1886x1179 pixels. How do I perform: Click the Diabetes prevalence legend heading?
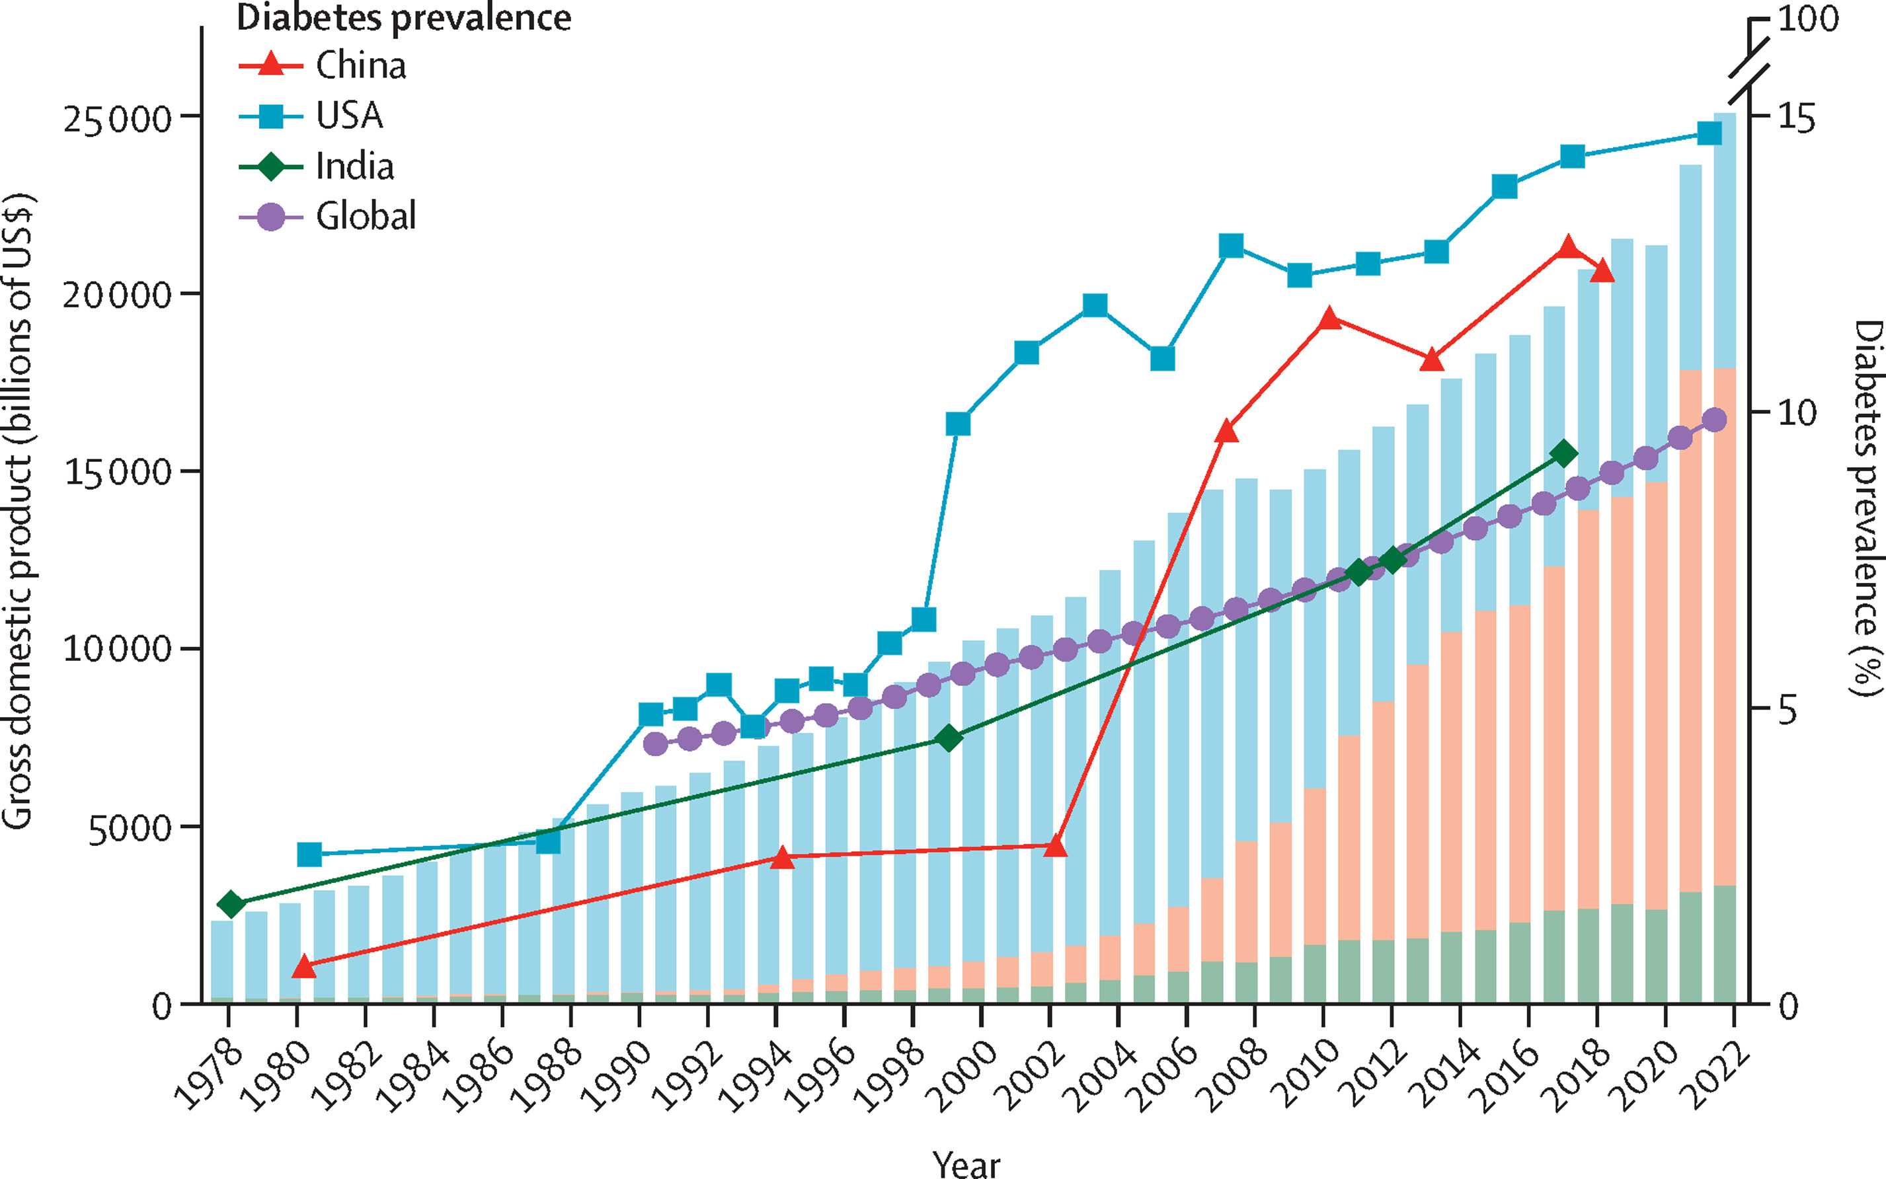click(403, 18)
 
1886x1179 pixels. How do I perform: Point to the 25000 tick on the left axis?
click(117, 118)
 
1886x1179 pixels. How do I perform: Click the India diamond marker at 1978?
click(231, 905)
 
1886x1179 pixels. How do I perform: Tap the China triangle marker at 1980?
click(304, 967)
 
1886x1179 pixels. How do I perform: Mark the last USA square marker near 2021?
click(1704, 134)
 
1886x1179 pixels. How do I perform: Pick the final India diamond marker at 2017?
click(1563, 454)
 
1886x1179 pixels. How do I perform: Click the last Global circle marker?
click(1713, 420)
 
